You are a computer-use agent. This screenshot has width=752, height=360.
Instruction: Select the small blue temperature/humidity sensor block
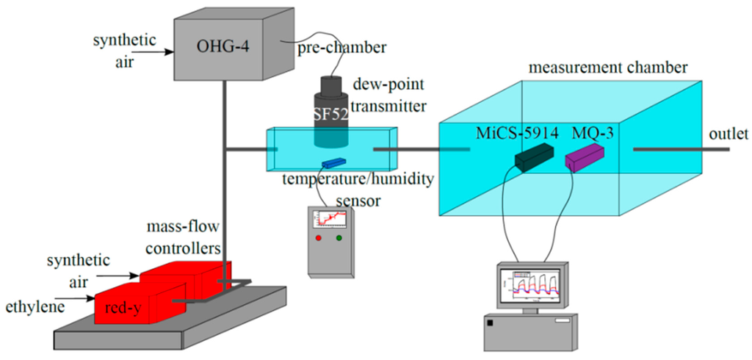(x=334, y=162)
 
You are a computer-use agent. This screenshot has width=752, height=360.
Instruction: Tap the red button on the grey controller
(x=318, y=238)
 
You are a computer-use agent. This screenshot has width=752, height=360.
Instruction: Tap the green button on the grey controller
(x=339, y=238)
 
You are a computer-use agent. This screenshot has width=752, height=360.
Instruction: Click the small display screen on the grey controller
(x=329, y=218)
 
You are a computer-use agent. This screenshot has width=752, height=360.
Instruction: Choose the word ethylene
(x=34, y=303)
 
